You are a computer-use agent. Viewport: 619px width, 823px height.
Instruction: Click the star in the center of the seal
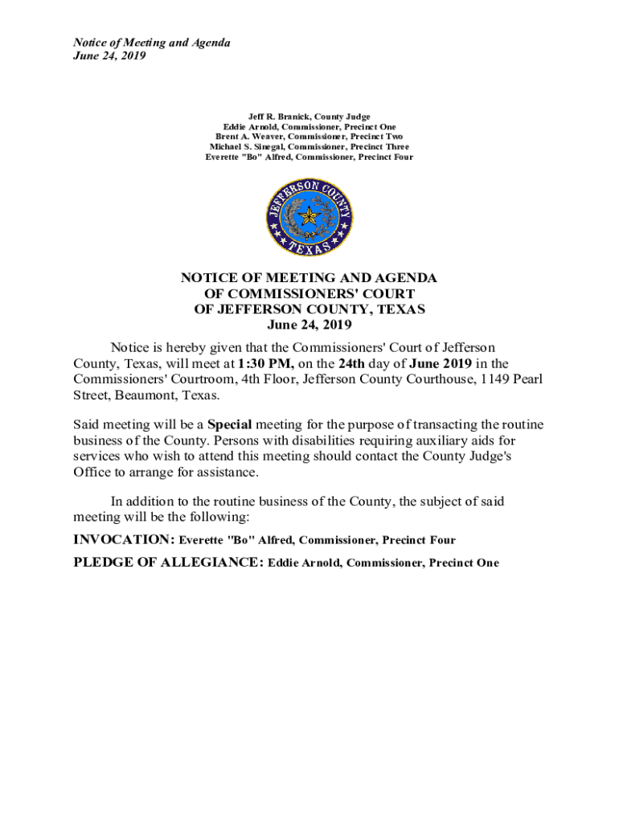[309, 217]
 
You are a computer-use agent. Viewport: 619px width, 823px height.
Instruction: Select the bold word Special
[230, 424]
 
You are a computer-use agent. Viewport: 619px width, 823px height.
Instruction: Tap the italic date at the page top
[109, 56]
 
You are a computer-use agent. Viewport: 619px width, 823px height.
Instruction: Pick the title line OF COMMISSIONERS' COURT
[309, 293]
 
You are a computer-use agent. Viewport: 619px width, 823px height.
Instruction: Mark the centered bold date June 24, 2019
[309, 326]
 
